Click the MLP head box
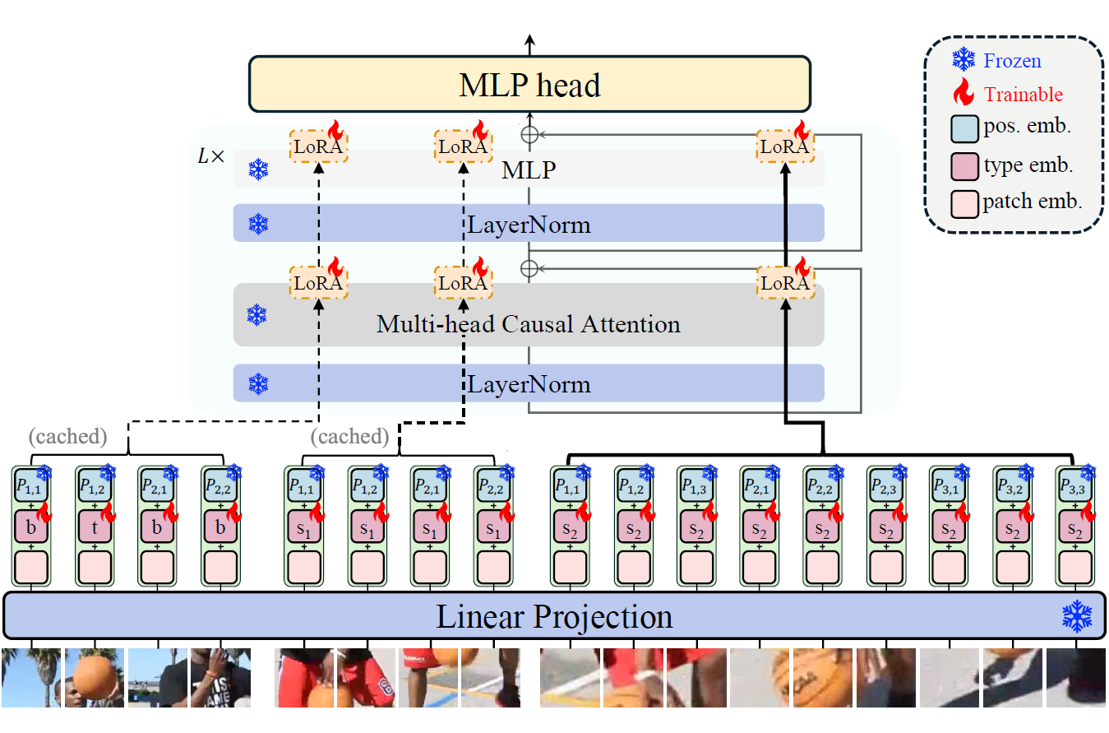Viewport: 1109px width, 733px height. point(530,85)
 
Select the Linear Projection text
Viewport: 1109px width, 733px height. point(554,616)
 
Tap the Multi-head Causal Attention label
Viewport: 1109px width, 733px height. point(529,323)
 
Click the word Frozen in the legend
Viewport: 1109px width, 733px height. point(1013,61)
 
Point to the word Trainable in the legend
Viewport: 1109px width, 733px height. point(1024,95)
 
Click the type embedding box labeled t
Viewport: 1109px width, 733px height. point(94,527)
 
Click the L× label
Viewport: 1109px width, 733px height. point(211,156)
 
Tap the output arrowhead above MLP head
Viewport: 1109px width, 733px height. point(529,40)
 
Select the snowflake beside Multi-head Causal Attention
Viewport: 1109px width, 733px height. point(257,314)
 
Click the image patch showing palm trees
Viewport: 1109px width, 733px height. point(31,677)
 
